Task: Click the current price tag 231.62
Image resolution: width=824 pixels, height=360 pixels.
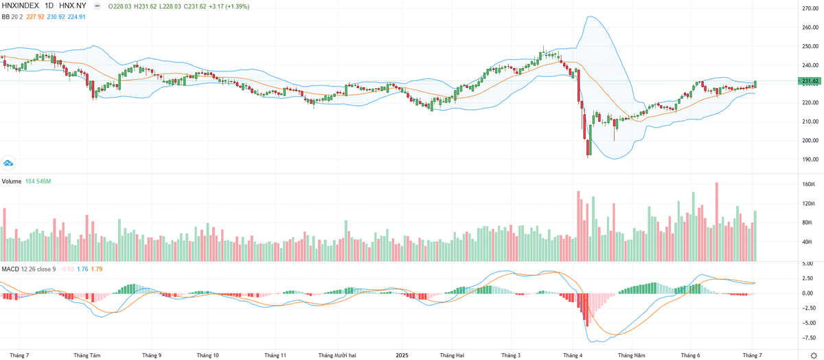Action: point(810,81)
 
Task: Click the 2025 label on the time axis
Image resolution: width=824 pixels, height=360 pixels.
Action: point(402,355)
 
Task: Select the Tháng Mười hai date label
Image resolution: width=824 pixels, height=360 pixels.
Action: point(337,355)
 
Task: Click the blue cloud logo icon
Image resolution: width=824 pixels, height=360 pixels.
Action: point(9,164)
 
